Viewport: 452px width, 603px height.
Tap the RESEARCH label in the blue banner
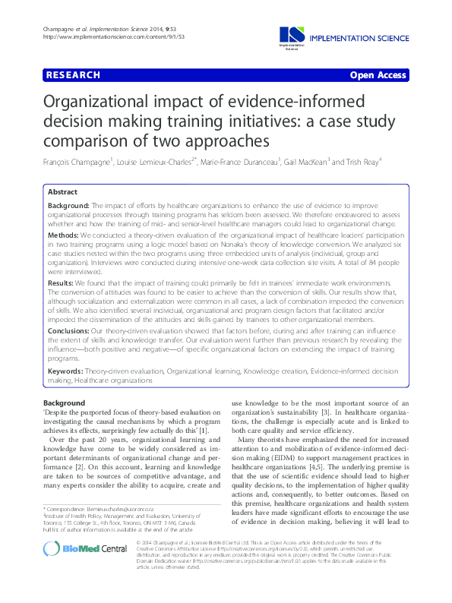[x=73, y=75]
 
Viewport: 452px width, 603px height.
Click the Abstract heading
[x=62, y=192]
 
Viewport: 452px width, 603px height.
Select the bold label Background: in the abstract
[x=68, y=207]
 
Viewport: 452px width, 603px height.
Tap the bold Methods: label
[x=64, y=237]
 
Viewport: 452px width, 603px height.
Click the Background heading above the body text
[x=65, y=403]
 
